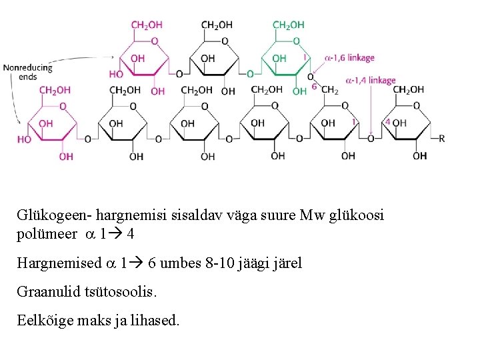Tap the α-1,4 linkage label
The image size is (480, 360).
click(370, 81)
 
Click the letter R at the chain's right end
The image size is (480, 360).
click(442, 139)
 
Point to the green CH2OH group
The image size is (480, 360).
click(288, 25)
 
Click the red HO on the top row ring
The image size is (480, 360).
click(116, 74)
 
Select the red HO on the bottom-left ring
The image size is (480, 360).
click(25, 139)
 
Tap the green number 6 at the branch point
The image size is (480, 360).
click(314, 87)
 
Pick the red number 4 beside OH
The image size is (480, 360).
click(388, 123)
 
